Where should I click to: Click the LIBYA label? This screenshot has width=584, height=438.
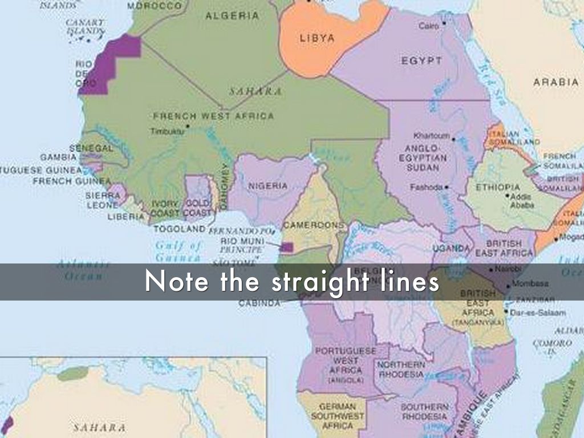pos(317,38)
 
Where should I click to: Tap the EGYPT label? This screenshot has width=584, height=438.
pos(421,61)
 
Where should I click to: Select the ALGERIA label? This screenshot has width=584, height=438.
pos(232,16)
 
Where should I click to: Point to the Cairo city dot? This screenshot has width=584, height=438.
pos(444,23)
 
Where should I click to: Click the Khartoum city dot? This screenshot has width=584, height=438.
pos(455,136)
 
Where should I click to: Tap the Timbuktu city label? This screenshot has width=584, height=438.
pos(167,131)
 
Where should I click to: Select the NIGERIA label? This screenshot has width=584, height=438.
pos(267,186)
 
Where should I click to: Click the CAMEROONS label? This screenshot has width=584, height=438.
pos(314,225)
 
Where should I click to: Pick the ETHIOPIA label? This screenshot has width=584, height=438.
pos(498,187)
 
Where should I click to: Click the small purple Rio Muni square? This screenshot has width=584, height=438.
pos(287,247)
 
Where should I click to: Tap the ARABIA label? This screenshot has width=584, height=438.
pos(555,82)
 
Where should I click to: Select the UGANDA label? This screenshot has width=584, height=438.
pos(451,248)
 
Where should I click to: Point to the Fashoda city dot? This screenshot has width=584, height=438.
pos(447,187)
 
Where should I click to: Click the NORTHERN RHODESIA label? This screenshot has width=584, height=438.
pos(401,370)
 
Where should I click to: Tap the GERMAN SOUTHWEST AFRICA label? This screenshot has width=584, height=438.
pos(338,416)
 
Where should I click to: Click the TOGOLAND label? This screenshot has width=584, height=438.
pos(180,228)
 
